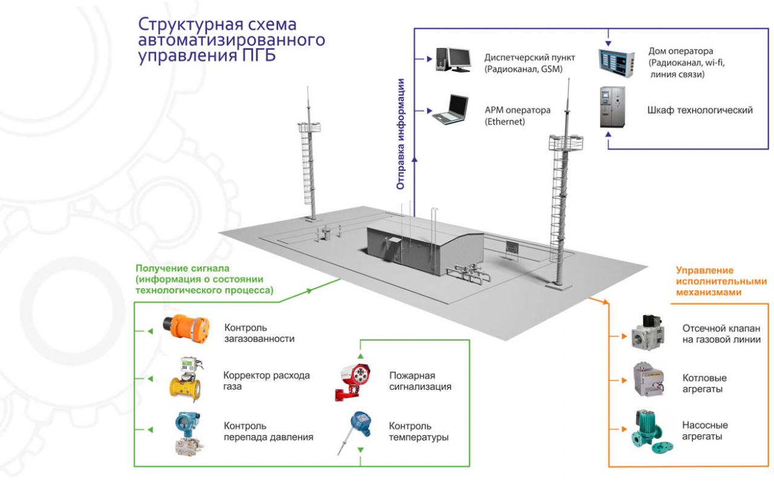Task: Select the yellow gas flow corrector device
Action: pyautogui.click(x=186, y=379)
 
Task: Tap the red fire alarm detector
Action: pyautogui.click(x=353, y=381)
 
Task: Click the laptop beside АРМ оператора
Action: pyautogui.click(x=450, y=110)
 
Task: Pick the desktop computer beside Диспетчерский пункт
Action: pyautogui.click(x=454, y=59)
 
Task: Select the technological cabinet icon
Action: pyautogui.click(x=613, y=107)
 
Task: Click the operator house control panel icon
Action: pyautogui.click(x=617, y=63)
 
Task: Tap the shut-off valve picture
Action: pyautogui.click(x=648, y=332)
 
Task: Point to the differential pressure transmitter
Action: pyautogui.click(x=188, y=433)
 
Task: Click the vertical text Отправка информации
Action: pyautogui.click(x=400, y=134)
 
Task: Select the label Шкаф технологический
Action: pyautogui.click(x=700, y=110)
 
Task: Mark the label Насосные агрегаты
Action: pyautogui.click(x=705, y=430)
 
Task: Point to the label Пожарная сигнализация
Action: pyautogui.click(x=420, y=381)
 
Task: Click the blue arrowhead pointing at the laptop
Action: pyautogui.click(x=429, y=111)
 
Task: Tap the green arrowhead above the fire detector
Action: pyautogui.click(x=360, y=356)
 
